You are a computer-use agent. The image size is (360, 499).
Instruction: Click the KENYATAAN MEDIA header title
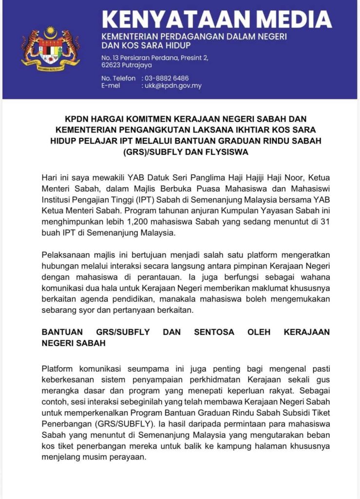[x=217, y=19]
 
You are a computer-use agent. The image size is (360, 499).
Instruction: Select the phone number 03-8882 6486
[x=166, y=78]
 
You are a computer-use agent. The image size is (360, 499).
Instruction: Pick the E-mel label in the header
[x=111, y=86]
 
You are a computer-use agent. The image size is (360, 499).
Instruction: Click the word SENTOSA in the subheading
[x=214, y=332]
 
